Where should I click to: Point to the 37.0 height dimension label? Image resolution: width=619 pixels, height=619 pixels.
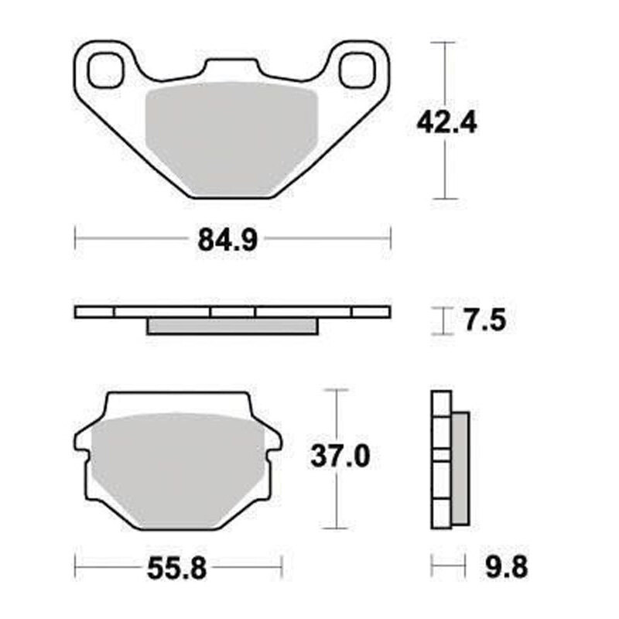tap(340, 457)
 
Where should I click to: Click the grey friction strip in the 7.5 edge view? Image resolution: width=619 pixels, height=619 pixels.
tap(232, 327)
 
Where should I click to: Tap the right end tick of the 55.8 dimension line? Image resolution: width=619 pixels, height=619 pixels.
tap(280, 569)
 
